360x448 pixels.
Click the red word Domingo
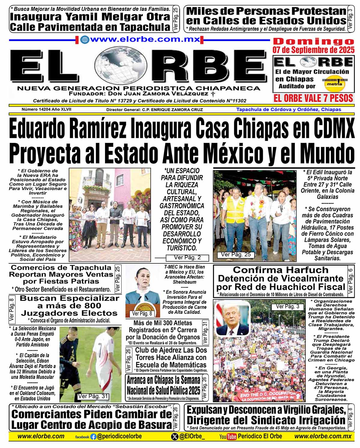(313, 41)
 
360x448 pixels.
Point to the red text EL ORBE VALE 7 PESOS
(313, 98)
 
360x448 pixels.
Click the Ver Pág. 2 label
(187, 257)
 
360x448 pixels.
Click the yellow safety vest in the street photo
(235, 210)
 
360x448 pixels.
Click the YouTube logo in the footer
(228, 437)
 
